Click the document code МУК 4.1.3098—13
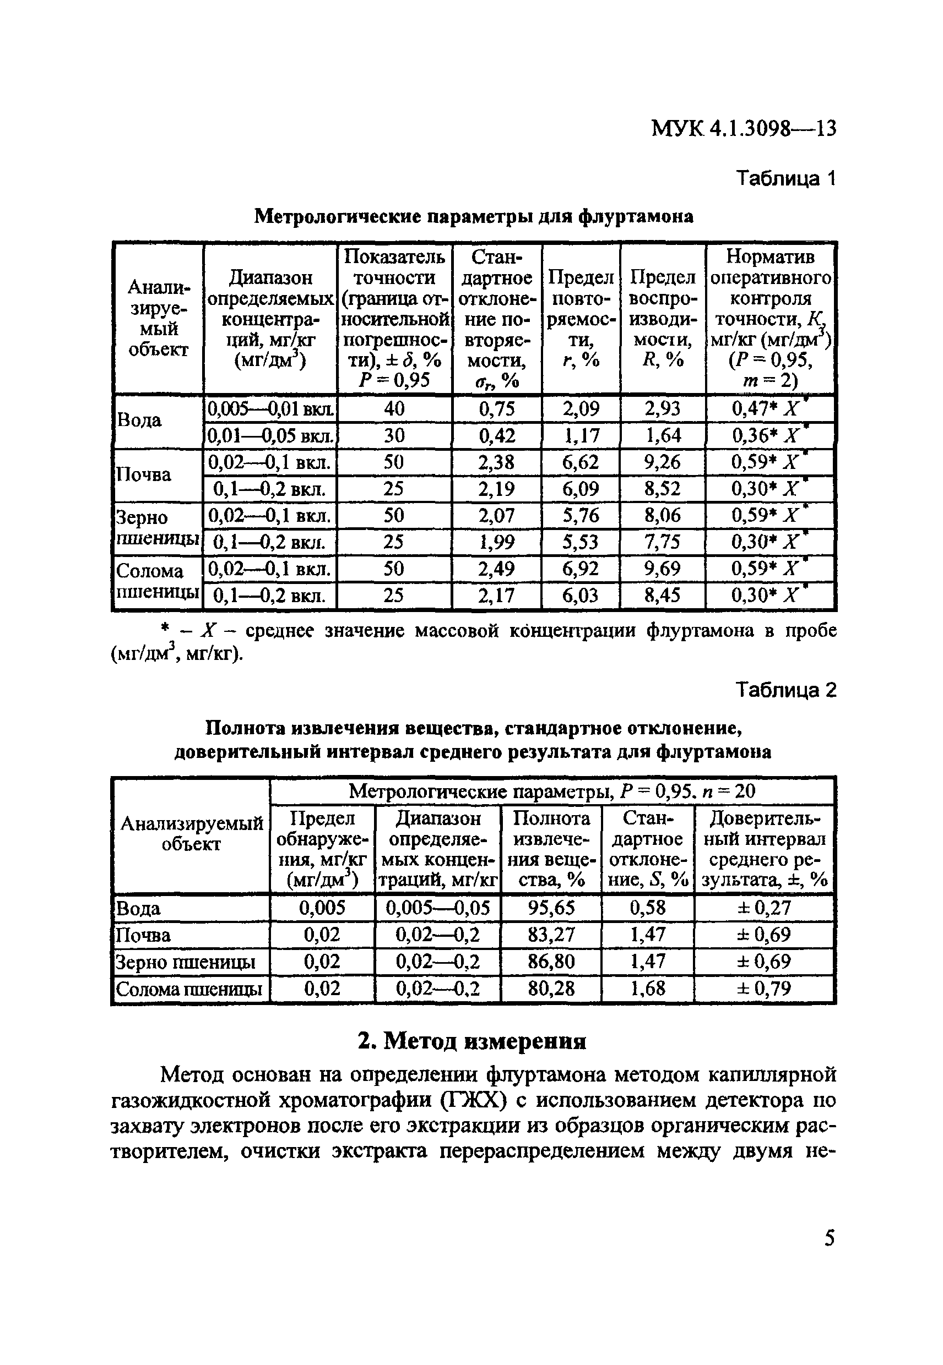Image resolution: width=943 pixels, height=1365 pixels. coord(743,128)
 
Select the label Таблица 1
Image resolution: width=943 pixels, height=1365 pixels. coord(786,178)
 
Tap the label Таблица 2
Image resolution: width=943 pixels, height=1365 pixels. coord(786,690)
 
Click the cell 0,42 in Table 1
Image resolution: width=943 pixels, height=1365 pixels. coord(497,436)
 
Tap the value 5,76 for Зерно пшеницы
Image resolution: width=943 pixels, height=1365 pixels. coord(580,515)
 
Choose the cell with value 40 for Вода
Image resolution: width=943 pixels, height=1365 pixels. coord(394,408)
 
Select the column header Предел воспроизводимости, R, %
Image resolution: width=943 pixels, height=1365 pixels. coord(663,319)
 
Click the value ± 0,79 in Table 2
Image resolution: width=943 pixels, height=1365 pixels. coord(765,989)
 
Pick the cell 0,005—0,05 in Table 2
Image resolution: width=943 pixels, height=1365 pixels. coord(437,908)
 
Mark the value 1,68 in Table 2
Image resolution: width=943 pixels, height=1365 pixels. coord(648,989)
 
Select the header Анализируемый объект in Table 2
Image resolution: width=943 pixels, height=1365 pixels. coord(191,834)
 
